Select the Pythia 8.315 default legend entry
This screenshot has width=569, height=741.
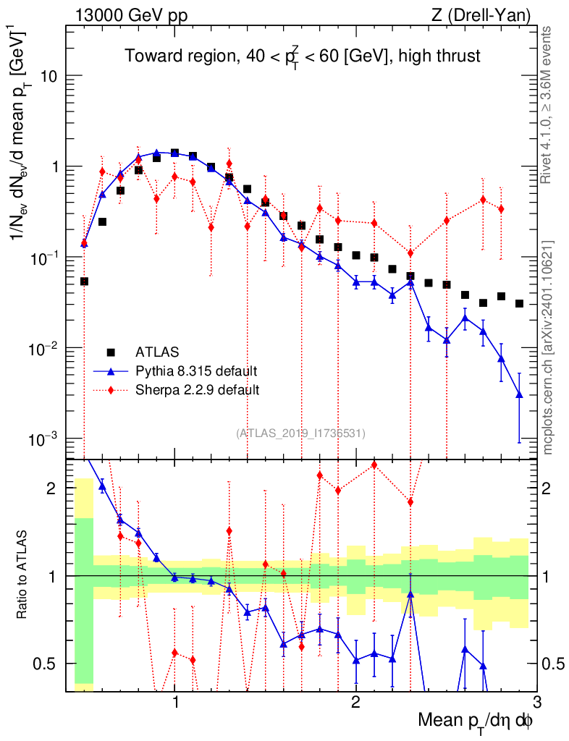click(196, 371)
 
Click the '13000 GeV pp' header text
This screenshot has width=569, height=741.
click(130, 14)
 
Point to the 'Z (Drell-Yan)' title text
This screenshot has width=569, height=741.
click(488, 14)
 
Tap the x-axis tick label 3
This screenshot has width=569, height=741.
click(536, 701)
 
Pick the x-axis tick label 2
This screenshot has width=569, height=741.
click(355, 701)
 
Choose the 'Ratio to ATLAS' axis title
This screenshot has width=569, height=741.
click(23, 575)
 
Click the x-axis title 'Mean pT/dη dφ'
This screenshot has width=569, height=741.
click(476, 721)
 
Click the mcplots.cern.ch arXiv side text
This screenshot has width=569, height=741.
click(549, 347)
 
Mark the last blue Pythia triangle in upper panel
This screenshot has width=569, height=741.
click(519, 394)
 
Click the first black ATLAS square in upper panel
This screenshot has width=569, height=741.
click(84, 281)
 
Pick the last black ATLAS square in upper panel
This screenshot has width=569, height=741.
click(519, 303)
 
